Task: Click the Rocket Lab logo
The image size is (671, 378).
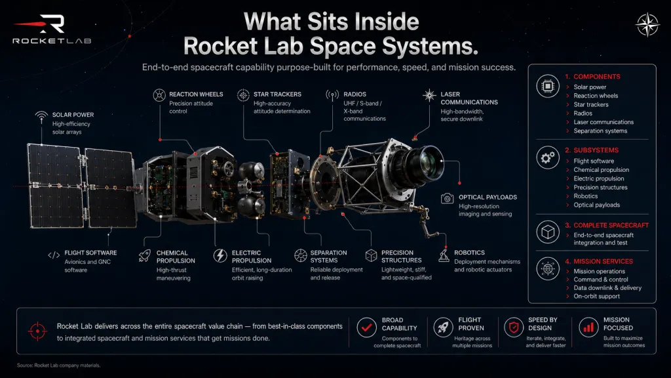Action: (52, 29)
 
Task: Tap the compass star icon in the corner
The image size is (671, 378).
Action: (647, 24)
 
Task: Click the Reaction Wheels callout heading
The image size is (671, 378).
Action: (196, 94)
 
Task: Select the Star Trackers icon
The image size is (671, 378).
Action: (243, 95)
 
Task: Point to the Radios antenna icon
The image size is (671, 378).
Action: (332, 95)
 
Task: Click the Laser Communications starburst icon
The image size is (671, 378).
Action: (429, 95)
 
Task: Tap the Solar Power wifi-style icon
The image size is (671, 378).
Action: (41, 117)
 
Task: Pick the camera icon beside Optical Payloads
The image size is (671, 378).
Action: (447, 198)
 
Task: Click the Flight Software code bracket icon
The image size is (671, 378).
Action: (54, 255)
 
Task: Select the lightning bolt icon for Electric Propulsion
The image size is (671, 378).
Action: (220, 255)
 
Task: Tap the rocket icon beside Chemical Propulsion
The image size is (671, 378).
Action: (145, 255)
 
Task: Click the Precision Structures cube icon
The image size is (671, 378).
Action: (371, 255)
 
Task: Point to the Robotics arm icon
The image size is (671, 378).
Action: (444, 255)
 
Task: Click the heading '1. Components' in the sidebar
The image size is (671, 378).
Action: (592, 77)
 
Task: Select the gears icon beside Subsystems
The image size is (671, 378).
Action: (548, 157)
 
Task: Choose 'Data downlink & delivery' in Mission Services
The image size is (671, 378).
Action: (607, 288)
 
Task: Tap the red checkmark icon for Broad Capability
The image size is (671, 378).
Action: (366, 328)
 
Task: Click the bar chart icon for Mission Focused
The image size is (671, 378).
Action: (589, 328)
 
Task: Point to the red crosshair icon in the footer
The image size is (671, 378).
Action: (37, 331)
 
